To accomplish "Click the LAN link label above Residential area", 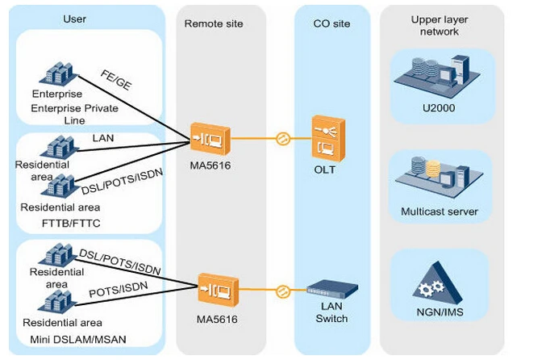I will tap(103, 138).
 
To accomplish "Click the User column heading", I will tap(74, 19).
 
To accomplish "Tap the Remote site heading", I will tap(213, 24).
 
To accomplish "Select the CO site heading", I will tap(331, 24).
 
